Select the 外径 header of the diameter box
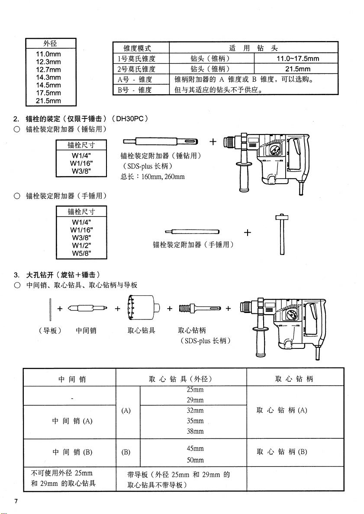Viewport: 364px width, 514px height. click(51, 44)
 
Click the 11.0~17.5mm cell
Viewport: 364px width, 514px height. click(297, 59)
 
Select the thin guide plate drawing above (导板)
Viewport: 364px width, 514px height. click(51, 307)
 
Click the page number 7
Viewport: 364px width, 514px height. click(16, 501)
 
